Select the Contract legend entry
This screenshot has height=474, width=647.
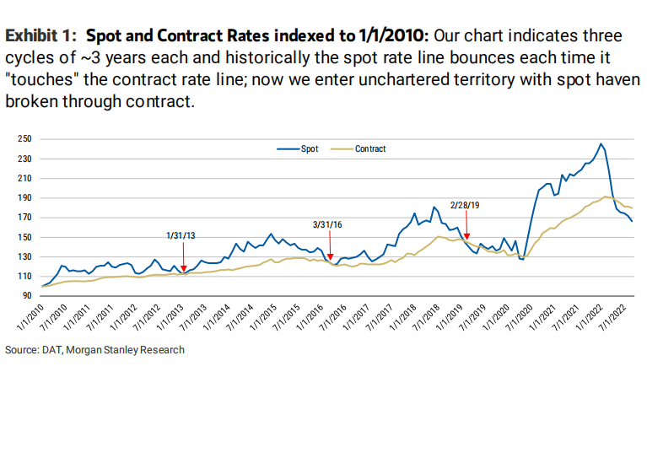point(369,149)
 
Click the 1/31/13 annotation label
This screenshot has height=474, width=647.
point(182,236)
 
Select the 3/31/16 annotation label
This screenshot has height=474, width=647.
point(328,224)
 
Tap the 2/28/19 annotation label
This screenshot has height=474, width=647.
point(465,204)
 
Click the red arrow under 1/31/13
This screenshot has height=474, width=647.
point(184,245)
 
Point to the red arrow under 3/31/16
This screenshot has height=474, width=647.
point(330,254)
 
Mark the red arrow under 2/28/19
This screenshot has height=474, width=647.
point(466,237)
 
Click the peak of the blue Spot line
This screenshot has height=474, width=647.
point(600,144)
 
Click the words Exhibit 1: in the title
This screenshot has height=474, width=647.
point(43,36)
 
